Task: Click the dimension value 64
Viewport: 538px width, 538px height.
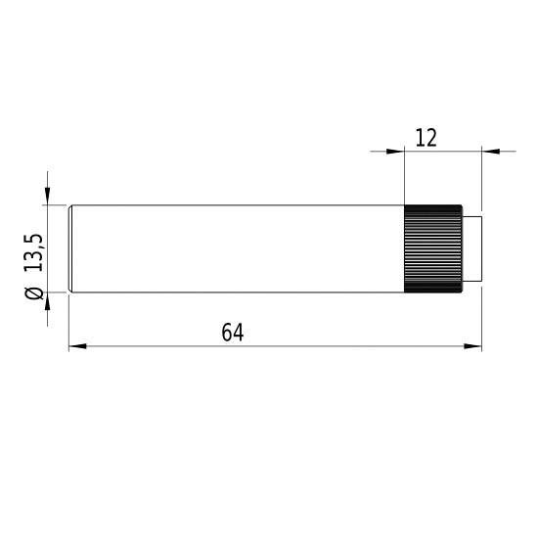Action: tap(232, 333)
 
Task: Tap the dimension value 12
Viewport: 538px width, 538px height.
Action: tap(426, 138)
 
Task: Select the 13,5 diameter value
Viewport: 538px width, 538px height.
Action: tap(34, 252)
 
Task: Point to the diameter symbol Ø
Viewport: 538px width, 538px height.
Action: tap(34, 293)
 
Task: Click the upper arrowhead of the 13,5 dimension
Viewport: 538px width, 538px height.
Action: tap(46, 197)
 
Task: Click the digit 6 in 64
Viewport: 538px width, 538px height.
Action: tap(226, 333)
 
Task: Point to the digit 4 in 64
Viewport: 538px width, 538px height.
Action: tap(238, 333)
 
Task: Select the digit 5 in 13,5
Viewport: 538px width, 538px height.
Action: tap(34, 238)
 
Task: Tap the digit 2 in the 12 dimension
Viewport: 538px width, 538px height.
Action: tap(430, 138)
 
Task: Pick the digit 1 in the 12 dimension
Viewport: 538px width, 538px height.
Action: tap(420, 138)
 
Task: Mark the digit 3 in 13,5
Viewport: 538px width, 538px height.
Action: tap(34, 257)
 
